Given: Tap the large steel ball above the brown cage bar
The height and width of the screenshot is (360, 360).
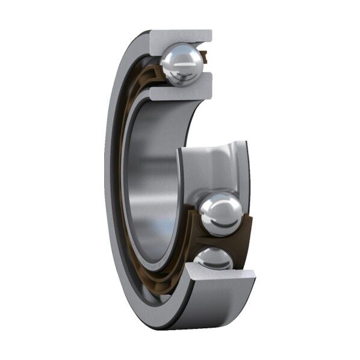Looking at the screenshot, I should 221,213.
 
